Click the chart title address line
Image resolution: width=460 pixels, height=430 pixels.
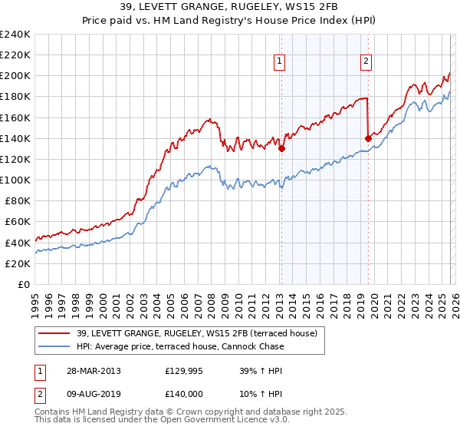[x=230, y=8]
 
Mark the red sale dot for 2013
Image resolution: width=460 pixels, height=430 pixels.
[x=281, y=149]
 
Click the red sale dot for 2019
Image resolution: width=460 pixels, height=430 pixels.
[x=368, y=138]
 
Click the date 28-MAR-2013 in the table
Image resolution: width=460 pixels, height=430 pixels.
[x=93, y=371]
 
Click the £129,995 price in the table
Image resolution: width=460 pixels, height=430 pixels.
[x=183, y=371]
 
